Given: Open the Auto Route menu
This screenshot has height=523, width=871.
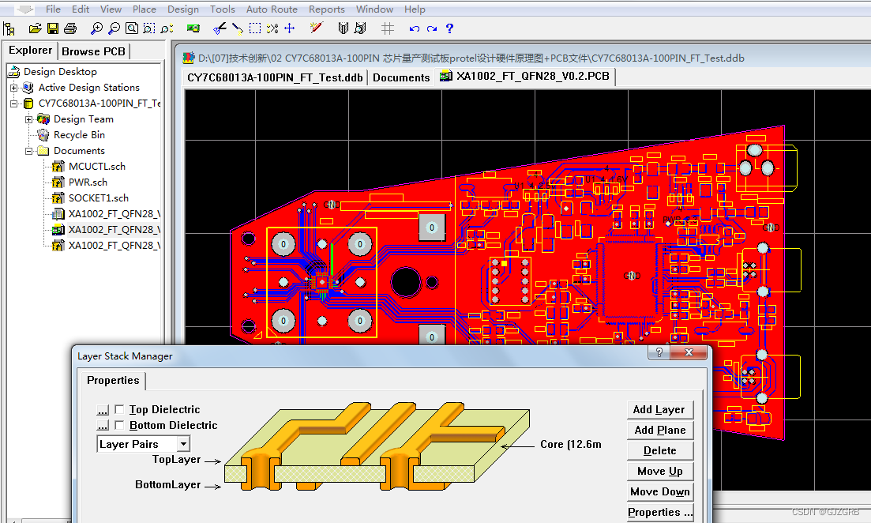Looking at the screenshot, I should point(272,9).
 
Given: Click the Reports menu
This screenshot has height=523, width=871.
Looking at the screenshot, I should point(326,9).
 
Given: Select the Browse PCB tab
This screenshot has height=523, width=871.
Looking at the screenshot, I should point(93,51).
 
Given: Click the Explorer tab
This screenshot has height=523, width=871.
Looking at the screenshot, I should point(31,51).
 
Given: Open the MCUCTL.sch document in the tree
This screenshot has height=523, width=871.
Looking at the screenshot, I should point(96,167).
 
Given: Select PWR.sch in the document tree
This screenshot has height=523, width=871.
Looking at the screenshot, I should point(88,182).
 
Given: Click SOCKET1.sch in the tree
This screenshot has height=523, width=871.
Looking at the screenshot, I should point(98,198).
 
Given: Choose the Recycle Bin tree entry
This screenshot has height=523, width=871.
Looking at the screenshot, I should point(79,135).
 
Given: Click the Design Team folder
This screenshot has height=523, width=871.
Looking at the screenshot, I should point(83,119).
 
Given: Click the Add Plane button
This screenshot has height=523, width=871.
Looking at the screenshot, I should point(659,430).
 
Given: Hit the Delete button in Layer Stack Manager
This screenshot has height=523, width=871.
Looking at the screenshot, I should point(659,450).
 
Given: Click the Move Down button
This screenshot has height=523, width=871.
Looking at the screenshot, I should point(659,491).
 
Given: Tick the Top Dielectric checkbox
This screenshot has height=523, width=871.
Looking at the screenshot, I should point(119,409).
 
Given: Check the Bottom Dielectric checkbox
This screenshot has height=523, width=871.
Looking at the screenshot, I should point(119,425).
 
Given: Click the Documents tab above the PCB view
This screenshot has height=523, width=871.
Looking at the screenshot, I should point(401,77).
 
